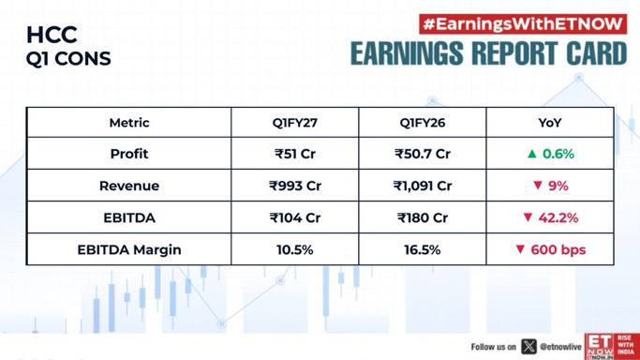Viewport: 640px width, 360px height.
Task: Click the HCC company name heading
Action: [52, 35]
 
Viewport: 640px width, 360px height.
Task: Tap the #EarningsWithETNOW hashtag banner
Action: [523, 24]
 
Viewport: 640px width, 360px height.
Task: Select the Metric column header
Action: [129, 123]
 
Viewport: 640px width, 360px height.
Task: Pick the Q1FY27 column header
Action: [294, 123]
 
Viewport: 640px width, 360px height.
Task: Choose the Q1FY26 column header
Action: [423, 123]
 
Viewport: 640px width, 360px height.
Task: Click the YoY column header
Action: [550, 123]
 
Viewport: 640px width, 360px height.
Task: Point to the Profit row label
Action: [129, 154]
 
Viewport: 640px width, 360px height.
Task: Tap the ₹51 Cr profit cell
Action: [294, 154]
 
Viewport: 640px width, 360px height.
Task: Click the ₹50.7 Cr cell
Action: [423, 154]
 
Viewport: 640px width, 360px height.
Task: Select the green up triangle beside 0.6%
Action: [531, 154]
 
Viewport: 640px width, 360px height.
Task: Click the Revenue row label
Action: [129, 186]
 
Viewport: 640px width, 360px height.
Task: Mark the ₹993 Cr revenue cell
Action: [294, 186]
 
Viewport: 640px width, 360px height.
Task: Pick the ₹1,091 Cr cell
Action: [423, 186]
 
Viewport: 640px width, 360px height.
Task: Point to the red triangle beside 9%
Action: [538, 186]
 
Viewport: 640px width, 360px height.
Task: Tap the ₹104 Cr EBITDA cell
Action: [294, 217]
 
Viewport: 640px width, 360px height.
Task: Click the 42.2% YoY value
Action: [558, 217]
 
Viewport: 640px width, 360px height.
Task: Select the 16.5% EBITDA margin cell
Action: [423, 249]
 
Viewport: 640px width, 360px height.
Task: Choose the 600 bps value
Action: [558, 249]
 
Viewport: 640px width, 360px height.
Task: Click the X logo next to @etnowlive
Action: [528, 347]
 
